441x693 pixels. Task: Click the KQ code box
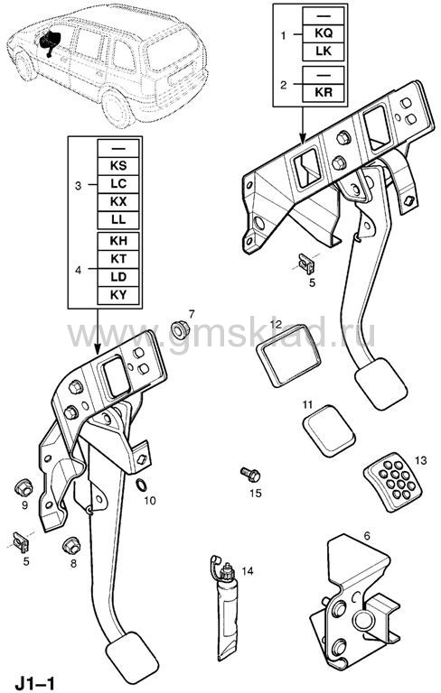(324, 33)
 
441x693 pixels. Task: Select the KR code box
(324, 92)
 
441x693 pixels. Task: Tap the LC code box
(118, 184)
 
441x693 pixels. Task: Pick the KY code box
(118, 295)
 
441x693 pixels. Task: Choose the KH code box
(118, 241)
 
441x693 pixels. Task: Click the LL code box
(118, 219)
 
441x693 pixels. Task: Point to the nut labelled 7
(180, 329)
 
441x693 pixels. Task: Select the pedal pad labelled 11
(329, 430)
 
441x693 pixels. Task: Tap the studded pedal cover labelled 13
(393, 481)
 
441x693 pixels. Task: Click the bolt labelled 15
(250, 475)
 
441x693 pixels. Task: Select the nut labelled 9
(23, 488)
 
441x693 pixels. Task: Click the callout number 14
(248, 571)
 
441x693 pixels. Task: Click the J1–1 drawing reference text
(35, 683)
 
